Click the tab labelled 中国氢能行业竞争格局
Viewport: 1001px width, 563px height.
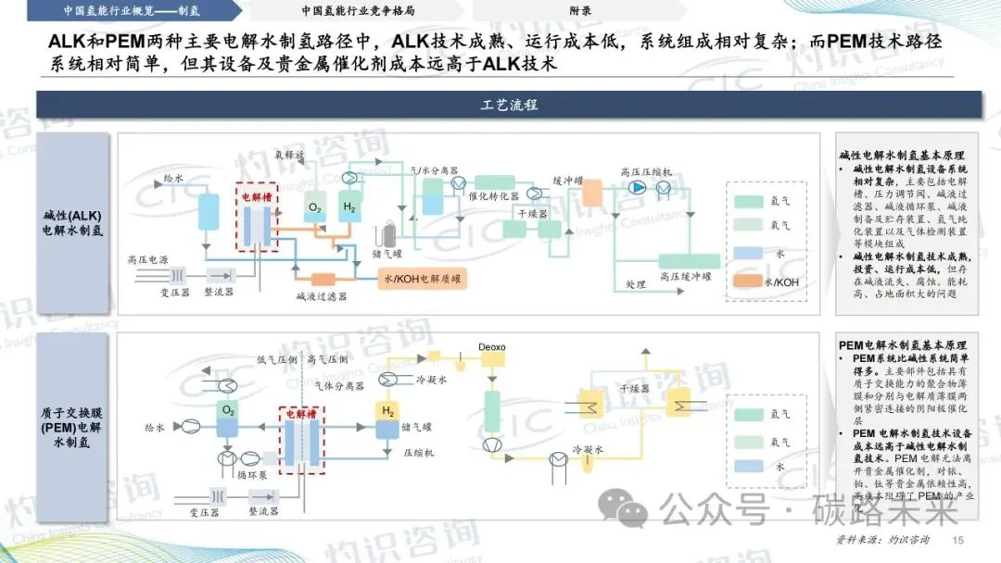[358, 10]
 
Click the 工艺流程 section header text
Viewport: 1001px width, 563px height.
[509, 105]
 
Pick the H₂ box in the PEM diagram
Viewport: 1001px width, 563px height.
[386, 411]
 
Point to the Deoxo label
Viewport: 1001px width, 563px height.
[491, 346]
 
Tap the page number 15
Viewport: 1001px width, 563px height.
[959, 541]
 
